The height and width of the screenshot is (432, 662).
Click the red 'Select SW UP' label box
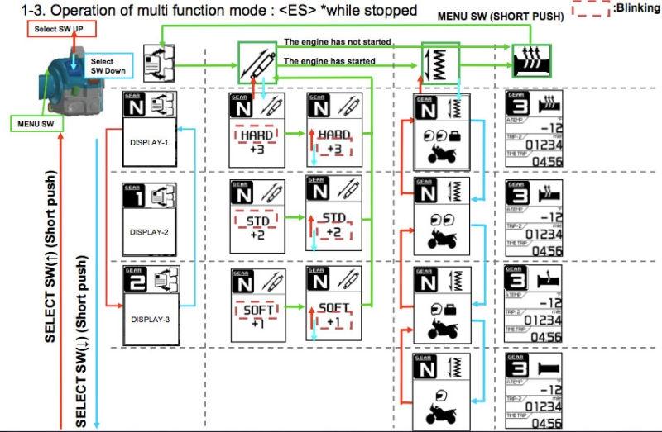pyautogui.click(x=61, y=29)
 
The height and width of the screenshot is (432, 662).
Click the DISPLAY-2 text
pyautogui.click(x=149, y=232)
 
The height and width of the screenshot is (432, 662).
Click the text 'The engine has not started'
pyautogui.click(x=338, y=41)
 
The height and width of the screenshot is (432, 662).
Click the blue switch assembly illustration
pyautogui.click(x=62, y=83)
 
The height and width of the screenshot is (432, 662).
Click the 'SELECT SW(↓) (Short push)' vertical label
pyautogui.click(x=80, y=330)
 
